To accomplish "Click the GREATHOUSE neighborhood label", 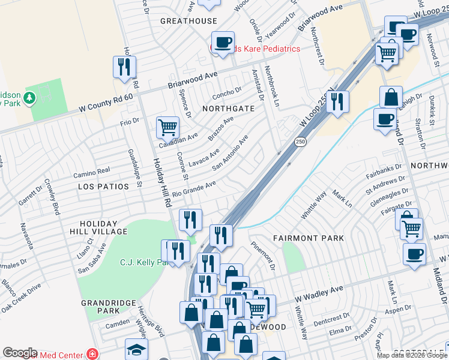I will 188,21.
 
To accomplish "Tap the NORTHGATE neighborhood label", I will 228,109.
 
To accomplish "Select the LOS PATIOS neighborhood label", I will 103,187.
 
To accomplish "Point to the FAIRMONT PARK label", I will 309,238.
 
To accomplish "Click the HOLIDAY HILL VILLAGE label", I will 103,227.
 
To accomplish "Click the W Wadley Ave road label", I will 318,293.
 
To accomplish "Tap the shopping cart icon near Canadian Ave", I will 167,127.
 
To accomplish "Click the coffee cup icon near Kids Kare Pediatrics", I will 223,42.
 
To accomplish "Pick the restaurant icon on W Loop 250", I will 338,101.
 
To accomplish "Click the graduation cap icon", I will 136,349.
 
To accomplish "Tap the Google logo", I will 20,353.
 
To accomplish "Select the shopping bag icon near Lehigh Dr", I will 391,97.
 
